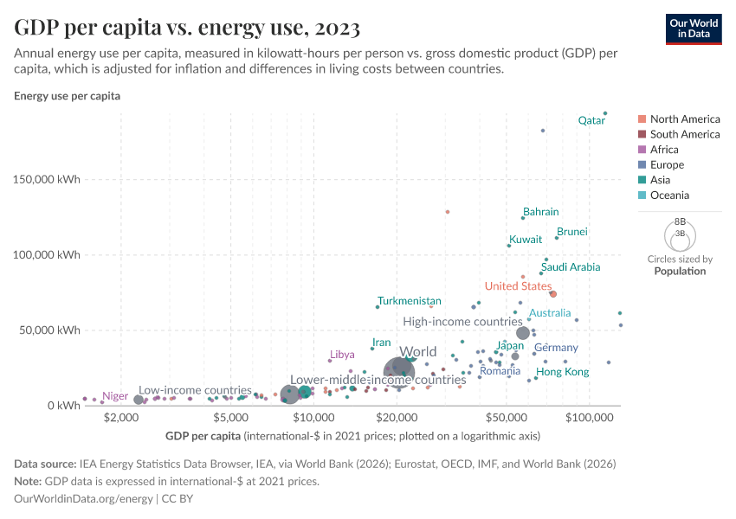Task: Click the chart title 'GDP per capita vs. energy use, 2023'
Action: coord(187,28)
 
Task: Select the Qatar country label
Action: coord(591,121)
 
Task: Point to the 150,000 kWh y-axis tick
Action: coord(56,179)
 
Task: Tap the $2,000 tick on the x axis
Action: coord(121,417)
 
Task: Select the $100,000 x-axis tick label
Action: coord(589,417)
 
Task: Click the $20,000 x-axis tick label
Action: coord(398,417)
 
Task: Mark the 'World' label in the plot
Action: coord(418,353)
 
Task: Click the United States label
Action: coord(518,286)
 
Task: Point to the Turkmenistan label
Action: coord(410,301)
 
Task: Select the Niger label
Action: coord(115,396)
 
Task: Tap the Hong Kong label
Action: coord(563,372)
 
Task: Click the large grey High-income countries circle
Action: coord(522,333)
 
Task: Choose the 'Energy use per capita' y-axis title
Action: coord(67,96)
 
